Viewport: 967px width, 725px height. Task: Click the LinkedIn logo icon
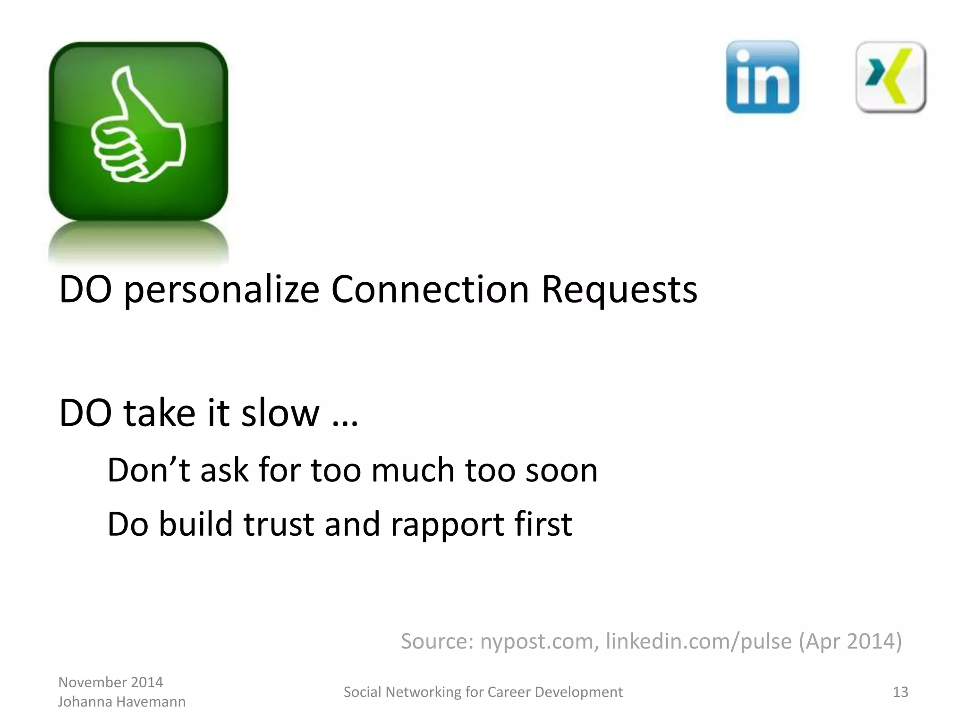pyautogui.click(x=762, y=77)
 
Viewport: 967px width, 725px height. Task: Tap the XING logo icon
pyautogui.click(x=891, y=77)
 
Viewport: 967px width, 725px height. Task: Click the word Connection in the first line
pyautogui.click(x=430, y=289)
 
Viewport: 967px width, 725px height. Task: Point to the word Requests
pyautogui.click(x=619, y=289)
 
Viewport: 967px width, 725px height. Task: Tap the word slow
pyautogui.click(x=280, y=413)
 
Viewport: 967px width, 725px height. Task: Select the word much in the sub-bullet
pyautogui.click(x=413, y=471)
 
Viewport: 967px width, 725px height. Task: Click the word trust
pyautogui.click(x=279, y=524)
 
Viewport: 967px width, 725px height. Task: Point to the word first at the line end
pyautogui.click(x=543, y=524)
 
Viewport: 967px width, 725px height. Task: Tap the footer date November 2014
pyautogui.click(x=110, y=682)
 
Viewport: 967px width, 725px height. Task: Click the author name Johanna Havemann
pyautogui.click(x=121, y=702)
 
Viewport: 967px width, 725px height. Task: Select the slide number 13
pyautogui.click(x=900, y=692)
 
